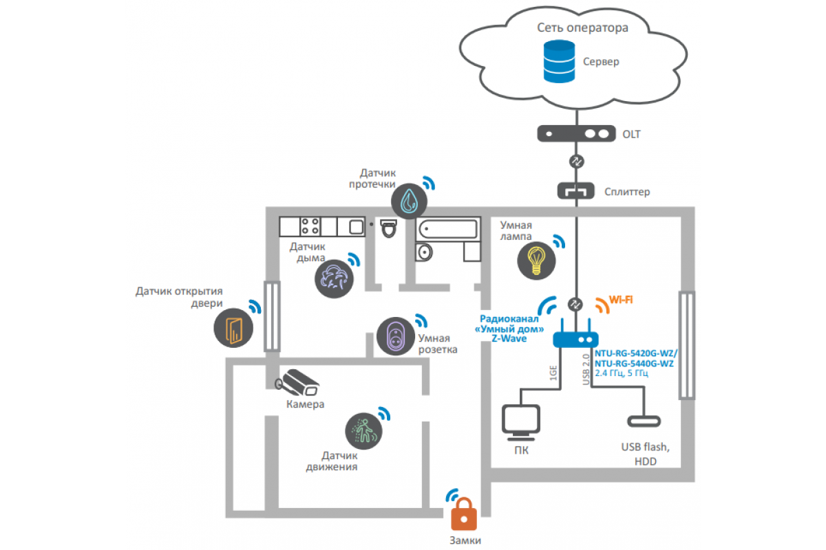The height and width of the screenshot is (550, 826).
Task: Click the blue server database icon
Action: (559, 61)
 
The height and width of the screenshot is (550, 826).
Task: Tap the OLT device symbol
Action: (576, 133)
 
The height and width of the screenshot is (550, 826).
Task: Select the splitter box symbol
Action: (575, 191)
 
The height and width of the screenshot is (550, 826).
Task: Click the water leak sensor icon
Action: (409, 201)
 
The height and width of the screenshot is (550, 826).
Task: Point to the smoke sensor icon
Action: (334, 279)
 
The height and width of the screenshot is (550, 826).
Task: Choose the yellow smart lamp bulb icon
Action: (536, 261)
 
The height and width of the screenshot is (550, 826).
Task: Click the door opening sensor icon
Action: (233, 328)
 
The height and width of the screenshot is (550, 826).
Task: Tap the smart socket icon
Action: (396, 336)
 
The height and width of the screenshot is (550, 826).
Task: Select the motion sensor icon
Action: (363, 431)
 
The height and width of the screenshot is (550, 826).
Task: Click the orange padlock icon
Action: (464, 514)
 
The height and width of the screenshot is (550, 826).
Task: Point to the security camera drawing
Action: (297, 383)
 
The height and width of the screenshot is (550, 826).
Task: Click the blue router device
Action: (575, 335)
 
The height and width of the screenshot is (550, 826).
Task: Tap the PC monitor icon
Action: (520, 422)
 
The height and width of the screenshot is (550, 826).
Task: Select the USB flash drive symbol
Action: (644, 421)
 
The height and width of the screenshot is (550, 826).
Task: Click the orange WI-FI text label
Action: (621, 300)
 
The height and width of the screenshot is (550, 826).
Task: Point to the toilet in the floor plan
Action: (389, 228)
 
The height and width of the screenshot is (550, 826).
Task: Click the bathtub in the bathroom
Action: (448, 229)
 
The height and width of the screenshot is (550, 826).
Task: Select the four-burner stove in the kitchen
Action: (310, 226)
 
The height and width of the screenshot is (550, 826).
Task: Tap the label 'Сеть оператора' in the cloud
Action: (582, 27)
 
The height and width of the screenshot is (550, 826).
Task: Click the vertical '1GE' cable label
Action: (553, 373)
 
